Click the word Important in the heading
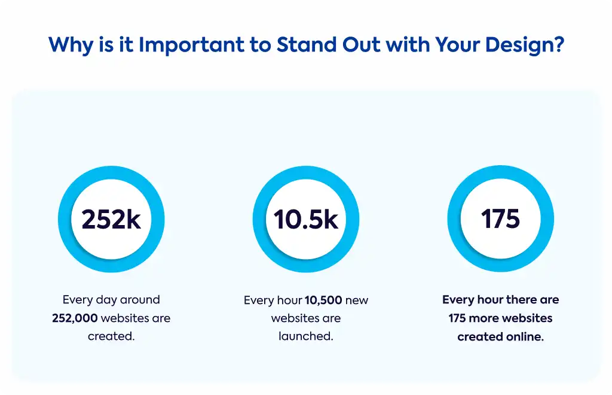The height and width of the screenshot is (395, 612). [x=192, y=44]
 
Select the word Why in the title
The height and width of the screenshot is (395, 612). [x=71, y=45]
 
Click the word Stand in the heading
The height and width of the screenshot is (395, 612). [x=307, y=44]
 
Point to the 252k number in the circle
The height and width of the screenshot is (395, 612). [x=111, y=219]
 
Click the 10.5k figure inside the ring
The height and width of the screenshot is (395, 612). [x=306, y=219]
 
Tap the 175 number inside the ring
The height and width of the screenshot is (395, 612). [x=500, y=218]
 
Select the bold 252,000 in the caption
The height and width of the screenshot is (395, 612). [x=75, y=318]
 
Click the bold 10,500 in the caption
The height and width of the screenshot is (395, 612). [x=323, y=300]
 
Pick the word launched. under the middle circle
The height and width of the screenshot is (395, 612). [x=306, y=336]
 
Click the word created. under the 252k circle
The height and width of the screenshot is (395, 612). [x=111, y=336]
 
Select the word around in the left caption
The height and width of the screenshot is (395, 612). [x=140, y=300]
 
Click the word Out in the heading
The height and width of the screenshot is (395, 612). [x=361, y=44]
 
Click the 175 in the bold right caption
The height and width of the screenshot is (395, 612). [x=457, y=318]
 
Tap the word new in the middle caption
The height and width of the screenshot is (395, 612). [x=357, y=300]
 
